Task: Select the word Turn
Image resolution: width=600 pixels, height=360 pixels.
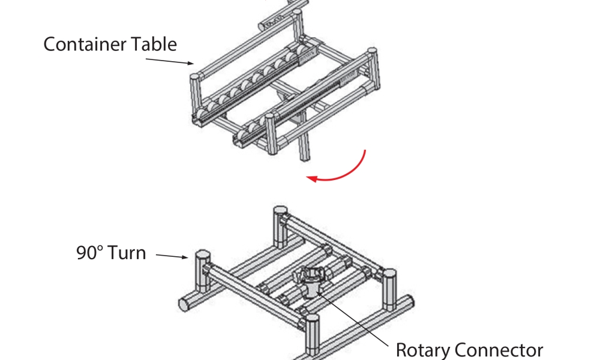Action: click(128, 253)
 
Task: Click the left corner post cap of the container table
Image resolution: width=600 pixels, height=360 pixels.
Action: click(194, 77)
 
